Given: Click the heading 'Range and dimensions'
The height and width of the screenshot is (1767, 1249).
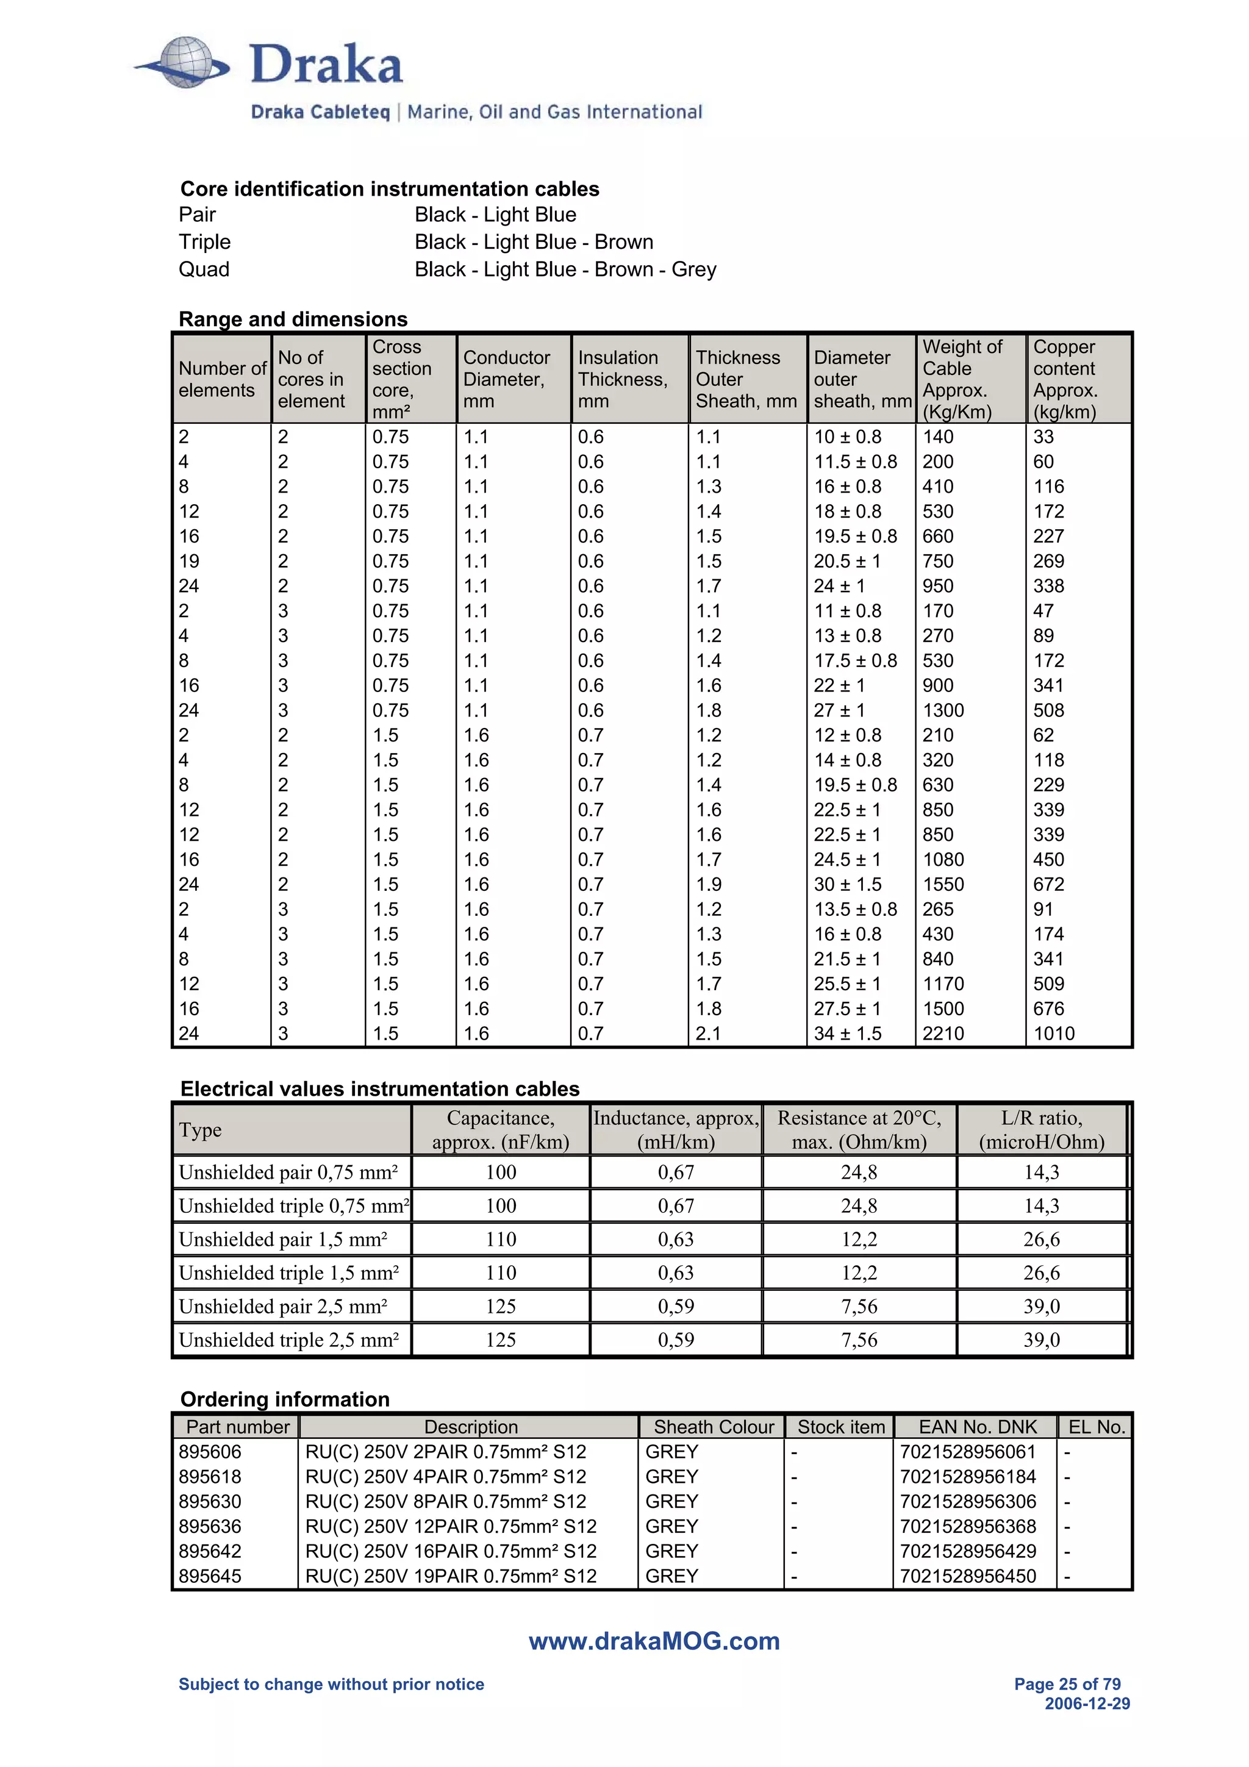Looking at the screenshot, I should (x=293, y=319).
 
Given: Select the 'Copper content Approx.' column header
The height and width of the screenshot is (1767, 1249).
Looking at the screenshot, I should (x=1065, y=379).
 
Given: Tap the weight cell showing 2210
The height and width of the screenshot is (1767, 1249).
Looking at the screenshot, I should (x=943, y=1033).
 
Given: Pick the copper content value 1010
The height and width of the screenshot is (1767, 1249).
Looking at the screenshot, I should (x=1053, y=1033).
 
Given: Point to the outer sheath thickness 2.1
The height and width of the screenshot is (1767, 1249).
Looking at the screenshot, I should (x=708, y=1033).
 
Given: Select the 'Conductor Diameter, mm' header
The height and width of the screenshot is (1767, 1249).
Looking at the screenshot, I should (x=506, y=379).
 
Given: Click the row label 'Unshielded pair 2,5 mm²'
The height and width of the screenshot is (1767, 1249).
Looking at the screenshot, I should (x=282, y=1306).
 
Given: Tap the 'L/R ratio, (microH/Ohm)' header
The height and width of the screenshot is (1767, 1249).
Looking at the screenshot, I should (x=1041, y=1130).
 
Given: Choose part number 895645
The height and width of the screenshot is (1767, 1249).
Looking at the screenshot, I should (x=209, y=1576).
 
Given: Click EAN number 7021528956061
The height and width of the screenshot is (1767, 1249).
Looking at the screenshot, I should (x=967, y=1451).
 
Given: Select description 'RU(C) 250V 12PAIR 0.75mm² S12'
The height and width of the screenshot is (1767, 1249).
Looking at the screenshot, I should (x=450, y=1526).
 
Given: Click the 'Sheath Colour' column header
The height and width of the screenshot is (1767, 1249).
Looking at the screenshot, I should (x=714, y=1427).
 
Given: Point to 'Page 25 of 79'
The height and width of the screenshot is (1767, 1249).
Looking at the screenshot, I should (x=1067, y=1684).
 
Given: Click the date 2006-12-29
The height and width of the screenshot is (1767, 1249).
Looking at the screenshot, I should (x=1087, y=1704).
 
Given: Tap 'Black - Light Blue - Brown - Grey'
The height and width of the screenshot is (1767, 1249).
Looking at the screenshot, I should (x=565, y=270).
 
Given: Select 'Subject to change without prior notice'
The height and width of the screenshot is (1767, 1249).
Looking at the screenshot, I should (x=331, y=1684).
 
